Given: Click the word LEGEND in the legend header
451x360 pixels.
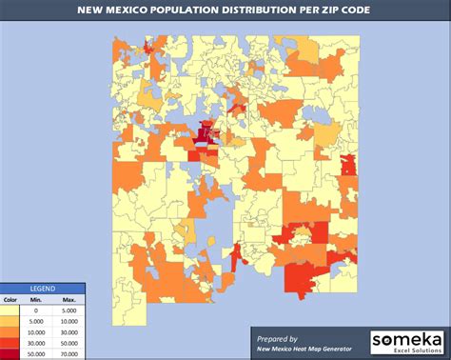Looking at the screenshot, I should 42,289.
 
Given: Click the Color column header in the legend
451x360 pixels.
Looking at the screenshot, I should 11,299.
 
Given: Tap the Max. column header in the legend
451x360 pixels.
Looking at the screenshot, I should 69,299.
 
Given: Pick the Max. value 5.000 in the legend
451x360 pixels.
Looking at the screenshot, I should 69,310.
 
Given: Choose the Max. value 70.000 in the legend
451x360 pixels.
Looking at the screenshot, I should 69,353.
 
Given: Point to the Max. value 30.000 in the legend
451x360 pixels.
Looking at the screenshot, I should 69,332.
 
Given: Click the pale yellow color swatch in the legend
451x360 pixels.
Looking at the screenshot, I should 11,310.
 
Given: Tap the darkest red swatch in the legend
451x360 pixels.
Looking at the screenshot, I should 11,353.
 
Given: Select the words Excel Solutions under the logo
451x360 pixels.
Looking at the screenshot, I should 411,351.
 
